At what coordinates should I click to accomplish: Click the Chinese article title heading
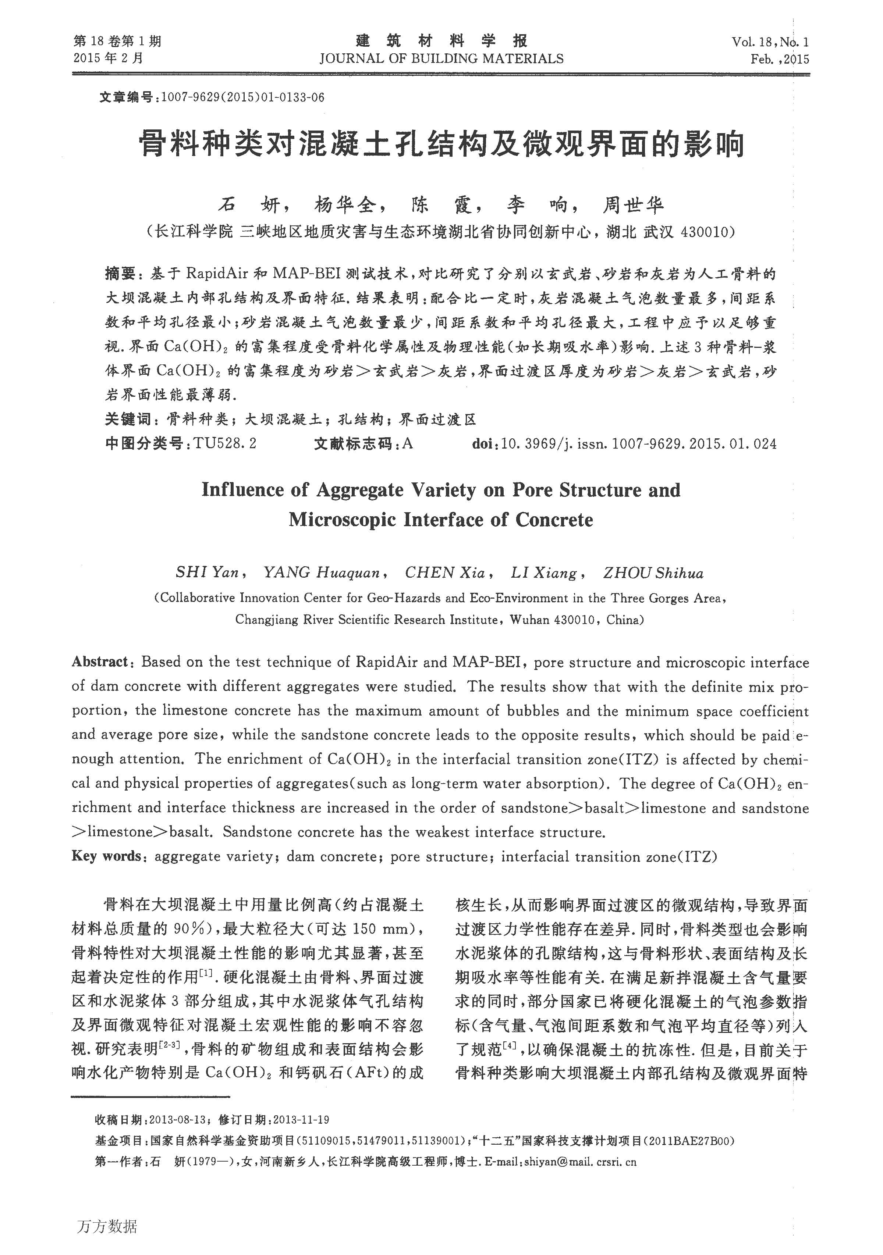441,145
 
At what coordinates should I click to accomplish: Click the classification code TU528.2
225,444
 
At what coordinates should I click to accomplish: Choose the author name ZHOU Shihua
653,573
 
